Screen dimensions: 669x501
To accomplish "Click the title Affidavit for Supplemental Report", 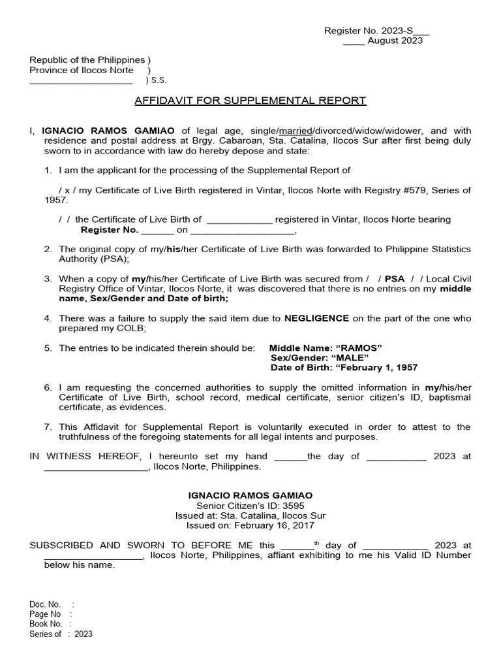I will coord(250,101).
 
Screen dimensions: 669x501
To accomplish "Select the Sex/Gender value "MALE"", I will coord(354,357).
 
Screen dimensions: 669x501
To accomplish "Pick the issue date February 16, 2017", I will coord(274,525).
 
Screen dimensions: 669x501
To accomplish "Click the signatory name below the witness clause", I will coord(250,495).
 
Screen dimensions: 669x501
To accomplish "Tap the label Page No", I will coord(45,614).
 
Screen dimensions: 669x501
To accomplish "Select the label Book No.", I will coord(46,624).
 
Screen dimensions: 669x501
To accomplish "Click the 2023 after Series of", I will coord(83,634).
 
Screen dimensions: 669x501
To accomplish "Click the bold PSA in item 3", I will coord(395,278).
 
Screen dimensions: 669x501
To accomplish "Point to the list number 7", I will coord(48,427).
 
